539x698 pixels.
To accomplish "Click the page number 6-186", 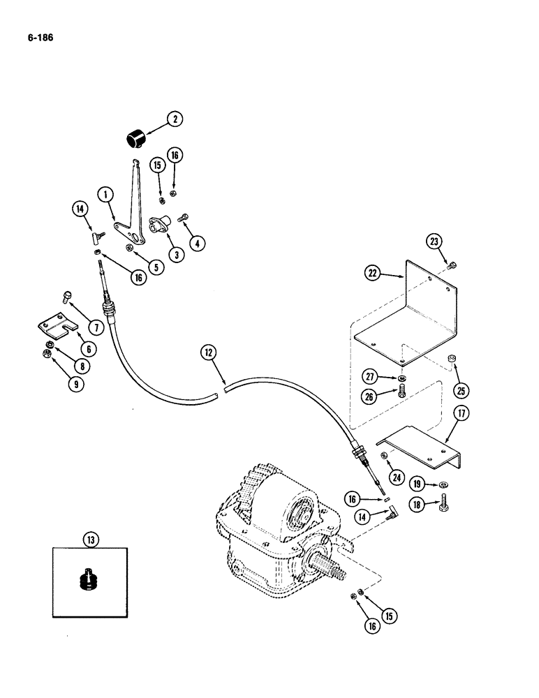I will tap(38, 34).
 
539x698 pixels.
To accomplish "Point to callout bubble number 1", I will tap(106, 197).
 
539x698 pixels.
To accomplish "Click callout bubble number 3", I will tap(175, 255).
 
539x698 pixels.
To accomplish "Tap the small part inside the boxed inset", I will tap(90, 581).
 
